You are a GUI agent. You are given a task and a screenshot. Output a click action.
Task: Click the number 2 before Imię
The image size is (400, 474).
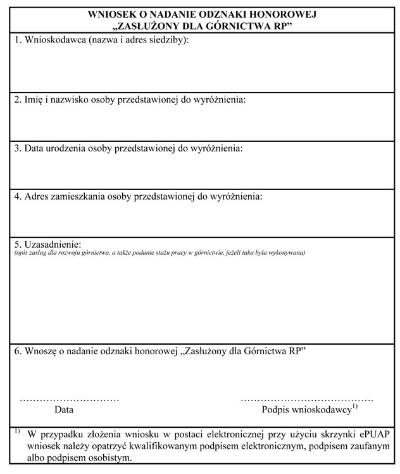point(17,99)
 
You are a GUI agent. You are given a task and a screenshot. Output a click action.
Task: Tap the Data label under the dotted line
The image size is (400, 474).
point(63,409)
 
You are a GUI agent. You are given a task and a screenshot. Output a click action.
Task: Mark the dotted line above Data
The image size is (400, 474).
point(70,400)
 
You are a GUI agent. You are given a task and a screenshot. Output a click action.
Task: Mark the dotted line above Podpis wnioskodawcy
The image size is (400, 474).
point(307,400)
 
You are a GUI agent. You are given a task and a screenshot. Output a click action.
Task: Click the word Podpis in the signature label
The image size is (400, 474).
point(275,410)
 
